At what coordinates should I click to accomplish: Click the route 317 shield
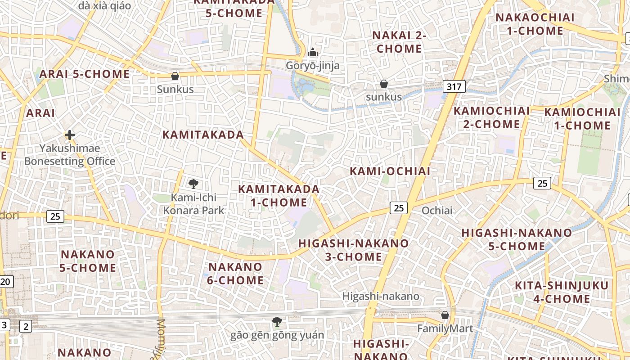coord(454,86)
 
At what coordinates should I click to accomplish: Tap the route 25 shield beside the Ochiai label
coord(399,207)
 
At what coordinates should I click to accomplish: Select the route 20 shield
coord(6,282)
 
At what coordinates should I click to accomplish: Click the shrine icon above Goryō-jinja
coord(313,53)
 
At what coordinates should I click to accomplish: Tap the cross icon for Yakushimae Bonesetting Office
coord(69,135)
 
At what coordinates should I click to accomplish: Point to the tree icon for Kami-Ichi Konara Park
coord(193,184)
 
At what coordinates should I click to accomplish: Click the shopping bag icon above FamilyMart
coord(445,315)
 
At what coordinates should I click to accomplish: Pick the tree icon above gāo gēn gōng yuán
coord(277,321)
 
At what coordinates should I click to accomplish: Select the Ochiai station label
coord(437,210)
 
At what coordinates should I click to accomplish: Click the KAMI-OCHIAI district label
coord(390,171)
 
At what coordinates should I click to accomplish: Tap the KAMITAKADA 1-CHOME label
coord(279,196)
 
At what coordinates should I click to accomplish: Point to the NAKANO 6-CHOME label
coord(235,274)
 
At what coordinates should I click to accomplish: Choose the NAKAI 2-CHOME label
coord(399,42)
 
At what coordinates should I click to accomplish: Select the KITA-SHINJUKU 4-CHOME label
coord(562,292)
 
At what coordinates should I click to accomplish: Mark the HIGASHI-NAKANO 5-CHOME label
coord(517,239)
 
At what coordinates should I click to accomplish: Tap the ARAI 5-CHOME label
coord(85,74)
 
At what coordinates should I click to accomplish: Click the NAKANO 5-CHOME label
coord(88,261)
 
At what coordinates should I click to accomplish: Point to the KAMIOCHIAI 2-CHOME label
coord(491,117)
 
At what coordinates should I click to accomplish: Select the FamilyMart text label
coord(445,328)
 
